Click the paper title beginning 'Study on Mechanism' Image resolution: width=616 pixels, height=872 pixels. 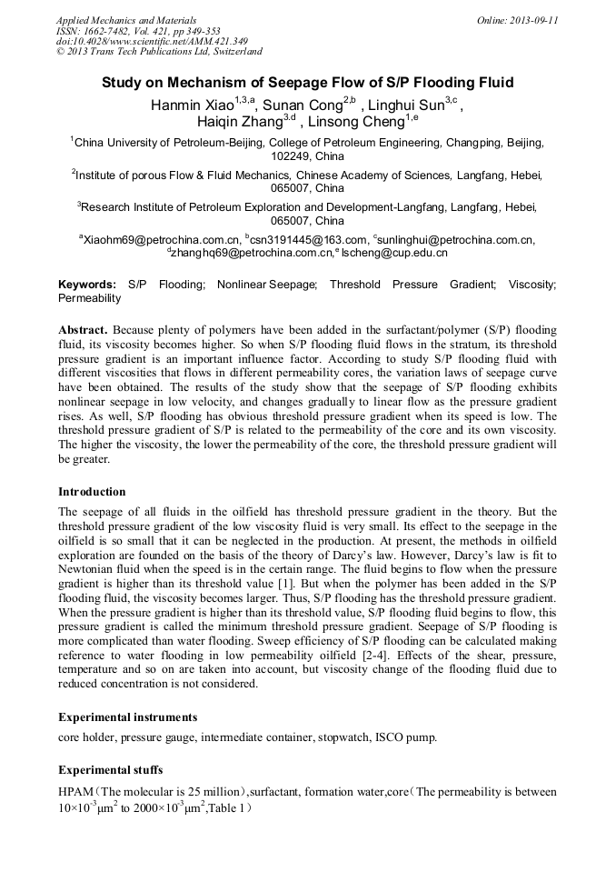click(307, 83)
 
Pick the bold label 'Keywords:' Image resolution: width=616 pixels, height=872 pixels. click(87, 285)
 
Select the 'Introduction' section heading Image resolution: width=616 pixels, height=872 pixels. click(92, 492)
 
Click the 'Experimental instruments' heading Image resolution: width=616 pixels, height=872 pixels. click(127, 717)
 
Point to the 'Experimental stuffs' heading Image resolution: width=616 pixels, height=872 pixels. click(111, 769)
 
